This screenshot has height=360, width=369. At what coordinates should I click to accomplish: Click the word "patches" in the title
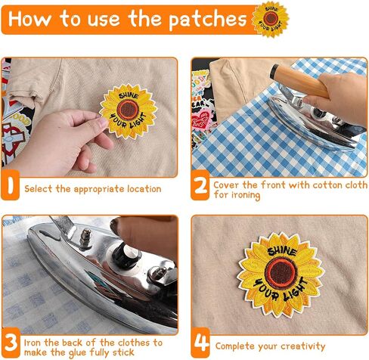[x=207, y=20]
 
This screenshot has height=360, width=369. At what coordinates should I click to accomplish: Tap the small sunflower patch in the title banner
[x=271, y=19]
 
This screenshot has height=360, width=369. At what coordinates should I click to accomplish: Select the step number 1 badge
[x=10, y=185]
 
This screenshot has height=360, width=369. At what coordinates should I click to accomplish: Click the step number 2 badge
[x=200, y=185]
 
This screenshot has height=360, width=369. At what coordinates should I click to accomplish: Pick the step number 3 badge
[x=11, y=343]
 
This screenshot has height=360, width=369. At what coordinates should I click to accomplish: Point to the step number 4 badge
[x=200, y=343]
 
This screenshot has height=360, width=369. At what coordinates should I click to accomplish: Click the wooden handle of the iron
[x=299, y=81]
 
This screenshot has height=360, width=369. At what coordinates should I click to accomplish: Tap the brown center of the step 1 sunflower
[x=128, y=110]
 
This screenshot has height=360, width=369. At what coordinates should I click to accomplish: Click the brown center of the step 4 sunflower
[x=281, y=273]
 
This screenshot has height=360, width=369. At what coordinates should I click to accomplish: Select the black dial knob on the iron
[x=126, y=254]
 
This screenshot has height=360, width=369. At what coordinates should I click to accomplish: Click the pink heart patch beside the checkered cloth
[x=201, y=119]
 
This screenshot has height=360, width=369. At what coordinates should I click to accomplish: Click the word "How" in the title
[x=29, y=19]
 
